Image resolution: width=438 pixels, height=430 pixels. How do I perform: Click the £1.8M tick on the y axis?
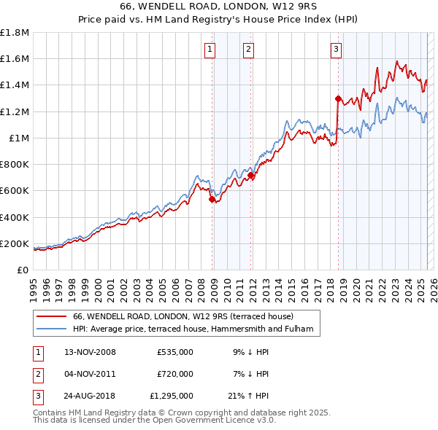point(15,32)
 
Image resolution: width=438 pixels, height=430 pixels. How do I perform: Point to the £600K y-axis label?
point(15,191)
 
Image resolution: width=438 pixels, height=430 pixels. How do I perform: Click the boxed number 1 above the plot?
point(210,50)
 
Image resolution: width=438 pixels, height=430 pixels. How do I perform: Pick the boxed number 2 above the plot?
point(248,50)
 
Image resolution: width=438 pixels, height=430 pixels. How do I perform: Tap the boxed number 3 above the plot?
point(336,50)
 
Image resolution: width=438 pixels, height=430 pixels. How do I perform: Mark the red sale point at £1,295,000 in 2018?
point(338,98)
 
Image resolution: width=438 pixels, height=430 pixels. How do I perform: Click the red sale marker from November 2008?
point(212,199)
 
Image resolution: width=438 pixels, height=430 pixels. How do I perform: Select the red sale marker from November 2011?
point(250,175)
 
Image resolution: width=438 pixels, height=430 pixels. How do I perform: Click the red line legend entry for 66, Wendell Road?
point(182,317)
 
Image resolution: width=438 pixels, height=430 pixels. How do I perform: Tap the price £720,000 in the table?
point(175,374)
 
